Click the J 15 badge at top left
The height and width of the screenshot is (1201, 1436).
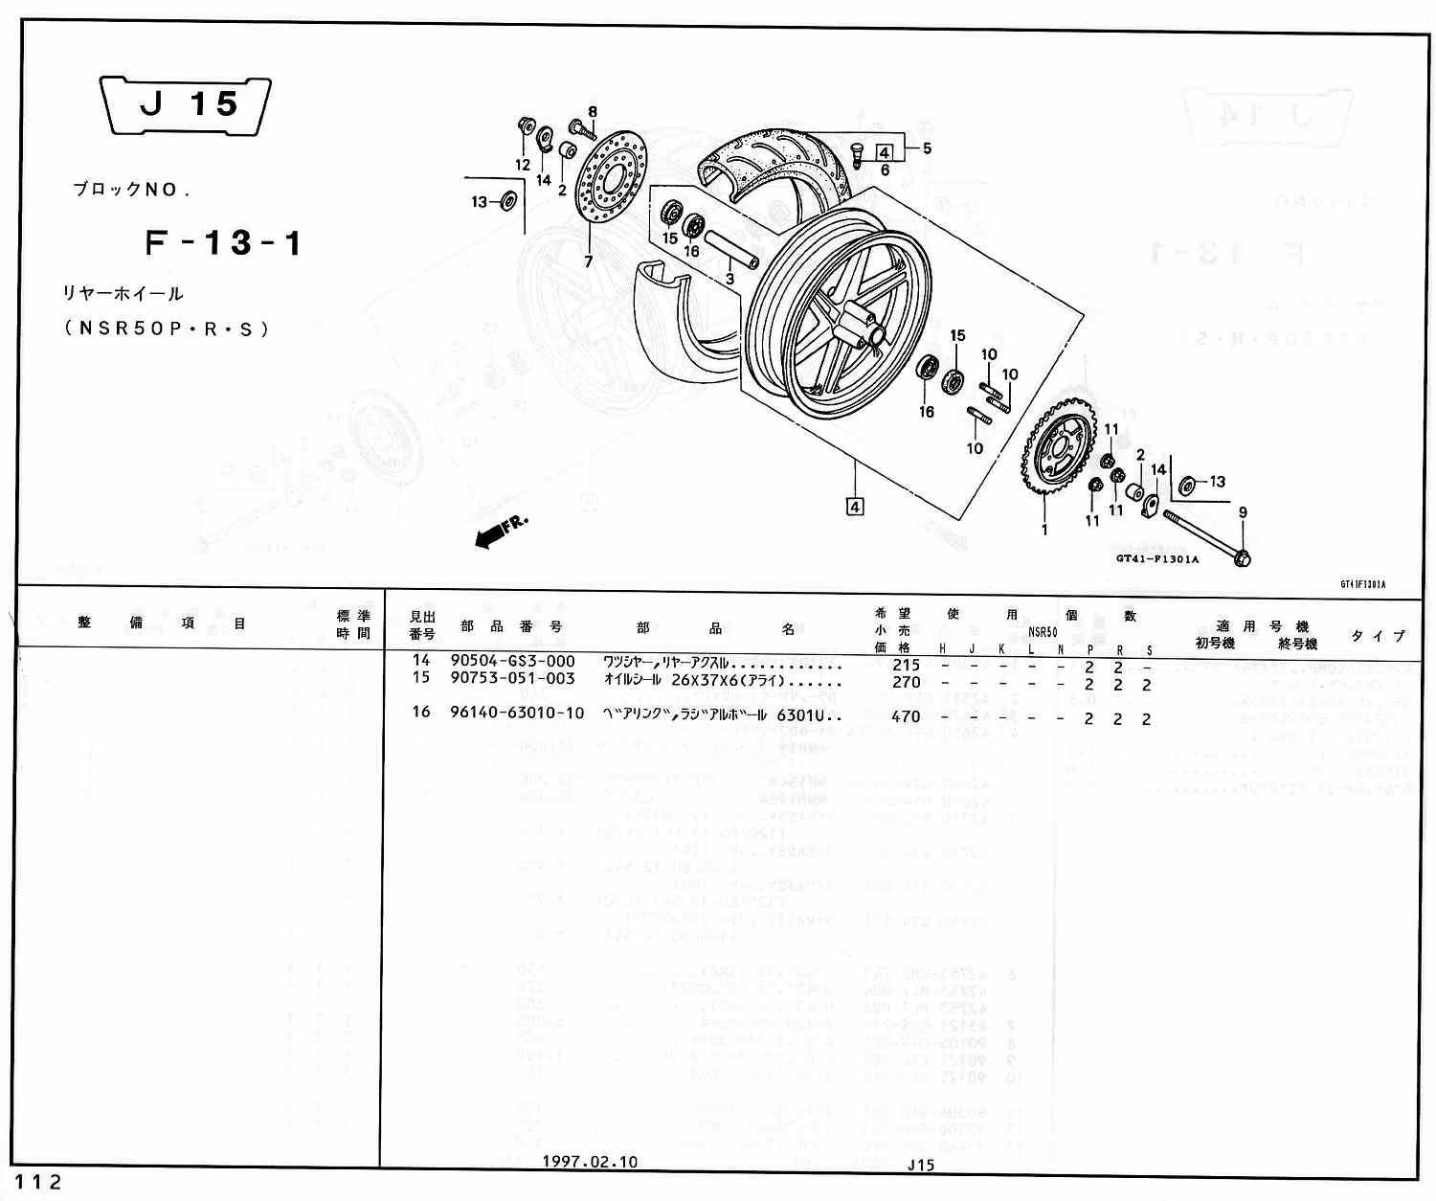pos(187,104)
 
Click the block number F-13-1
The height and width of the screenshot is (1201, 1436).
pos(224,243)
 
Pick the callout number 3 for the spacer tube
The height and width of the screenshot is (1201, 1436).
pos(729,280)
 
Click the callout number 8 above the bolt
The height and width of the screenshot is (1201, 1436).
pos(593,112)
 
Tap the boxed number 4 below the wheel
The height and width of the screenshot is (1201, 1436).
pos(855,506)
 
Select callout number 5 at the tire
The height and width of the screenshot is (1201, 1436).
pos(927,148)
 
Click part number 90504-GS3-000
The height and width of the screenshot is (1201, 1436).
pos(512,661)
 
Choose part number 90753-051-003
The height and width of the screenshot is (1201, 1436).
pos(512,678)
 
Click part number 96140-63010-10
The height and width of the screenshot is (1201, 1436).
pos(517,713)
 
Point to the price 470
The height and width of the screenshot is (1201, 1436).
pos(905,716)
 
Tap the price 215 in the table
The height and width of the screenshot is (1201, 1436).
pos(905,665)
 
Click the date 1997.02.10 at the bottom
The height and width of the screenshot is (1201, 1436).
pos(590,1162)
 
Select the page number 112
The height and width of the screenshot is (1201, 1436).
pos(39,1182)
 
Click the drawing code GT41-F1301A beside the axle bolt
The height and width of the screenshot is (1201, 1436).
pos(1156,559)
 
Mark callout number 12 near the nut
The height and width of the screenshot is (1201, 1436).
pos(523,165)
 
